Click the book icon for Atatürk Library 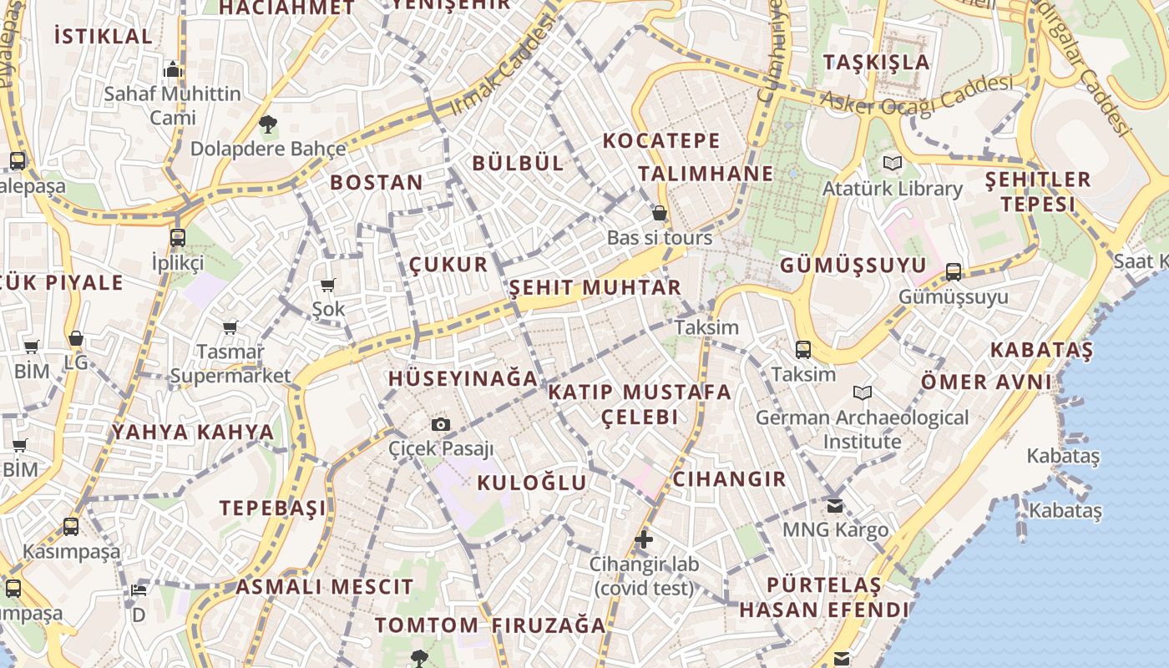click(893, 163)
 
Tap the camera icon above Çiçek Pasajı click(441, 424)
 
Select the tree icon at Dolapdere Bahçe click(268, 125)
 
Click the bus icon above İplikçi click(177, 238)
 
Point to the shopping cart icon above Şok click(327, 286)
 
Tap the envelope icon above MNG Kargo click(834, 505)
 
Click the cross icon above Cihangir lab click(643, 539)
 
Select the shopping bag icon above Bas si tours click(659, 213)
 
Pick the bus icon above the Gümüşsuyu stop click(953, 271)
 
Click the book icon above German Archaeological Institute click(862, 392)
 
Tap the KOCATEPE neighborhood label click(661, 140)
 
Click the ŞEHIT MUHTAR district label click(595, 288)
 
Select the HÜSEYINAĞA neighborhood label click(463, 378)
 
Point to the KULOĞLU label click(532, 483)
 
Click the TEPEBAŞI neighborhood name click(272, 508)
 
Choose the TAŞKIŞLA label click(876, 62)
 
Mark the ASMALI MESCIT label click(324, 586)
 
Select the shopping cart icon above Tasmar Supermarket click(230, 327)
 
